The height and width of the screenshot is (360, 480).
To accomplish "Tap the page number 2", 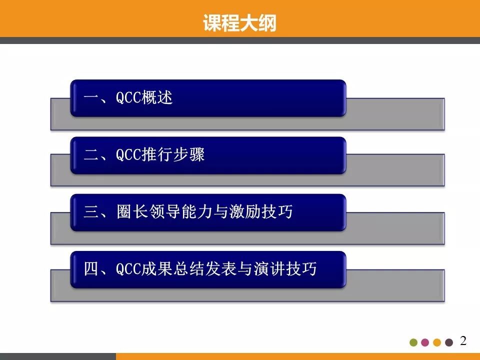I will (463, 341).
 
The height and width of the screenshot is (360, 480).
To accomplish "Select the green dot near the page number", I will (413, 342).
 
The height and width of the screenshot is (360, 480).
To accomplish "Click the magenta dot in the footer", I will (425, 342).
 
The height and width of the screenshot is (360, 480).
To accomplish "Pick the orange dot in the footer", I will (437, 342).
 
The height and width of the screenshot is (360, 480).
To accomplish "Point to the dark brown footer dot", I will (449, 342).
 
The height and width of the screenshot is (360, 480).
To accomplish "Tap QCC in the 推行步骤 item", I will (128, 155).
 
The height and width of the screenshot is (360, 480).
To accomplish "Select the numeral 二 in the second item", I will (92, 155).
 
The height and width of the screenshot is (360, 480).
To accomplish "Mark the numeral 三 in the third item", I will (92, 212).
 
